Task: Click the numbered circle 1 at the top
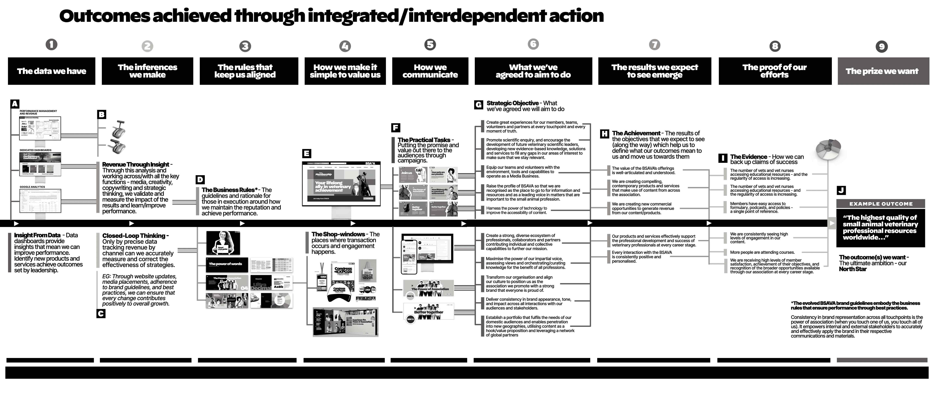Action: pyautogui.click(x=52, y=45)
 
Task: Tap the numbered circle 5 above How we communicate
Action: pyautogui.click(x=430, y=45)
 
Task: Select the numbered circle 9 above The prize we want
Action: pyautogui.click(x=882, y=46)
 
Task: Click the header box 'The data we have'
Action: pyautogui.click(x=52, y=71)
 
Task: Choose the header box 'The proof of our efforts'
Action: pyautogui.click(x=775, y=71)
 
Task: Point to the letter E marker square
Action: pyautogui.click(x=306, y=153)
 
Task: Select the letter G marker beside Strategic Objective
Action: pyautogui.click(x=479, y=105)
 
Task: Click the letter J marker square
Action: pyautogui.click(x=842, y=190)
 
